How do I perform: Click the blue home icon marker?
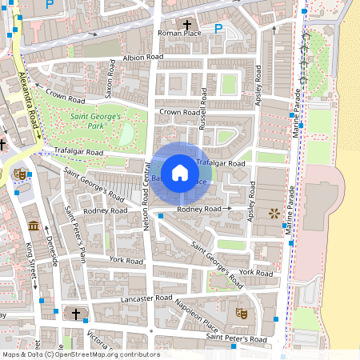180,172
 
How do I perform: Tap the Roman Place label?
181,34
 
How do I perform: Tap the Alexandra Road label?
28,99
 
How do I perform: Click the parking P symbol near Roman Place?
218,28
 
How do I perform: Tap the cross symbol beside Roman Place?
189,24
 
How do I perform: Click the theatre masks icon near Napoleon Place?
238,314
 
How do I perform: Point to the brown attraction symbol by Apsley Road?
275,213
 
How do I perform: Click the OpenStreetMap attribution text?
81,354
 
